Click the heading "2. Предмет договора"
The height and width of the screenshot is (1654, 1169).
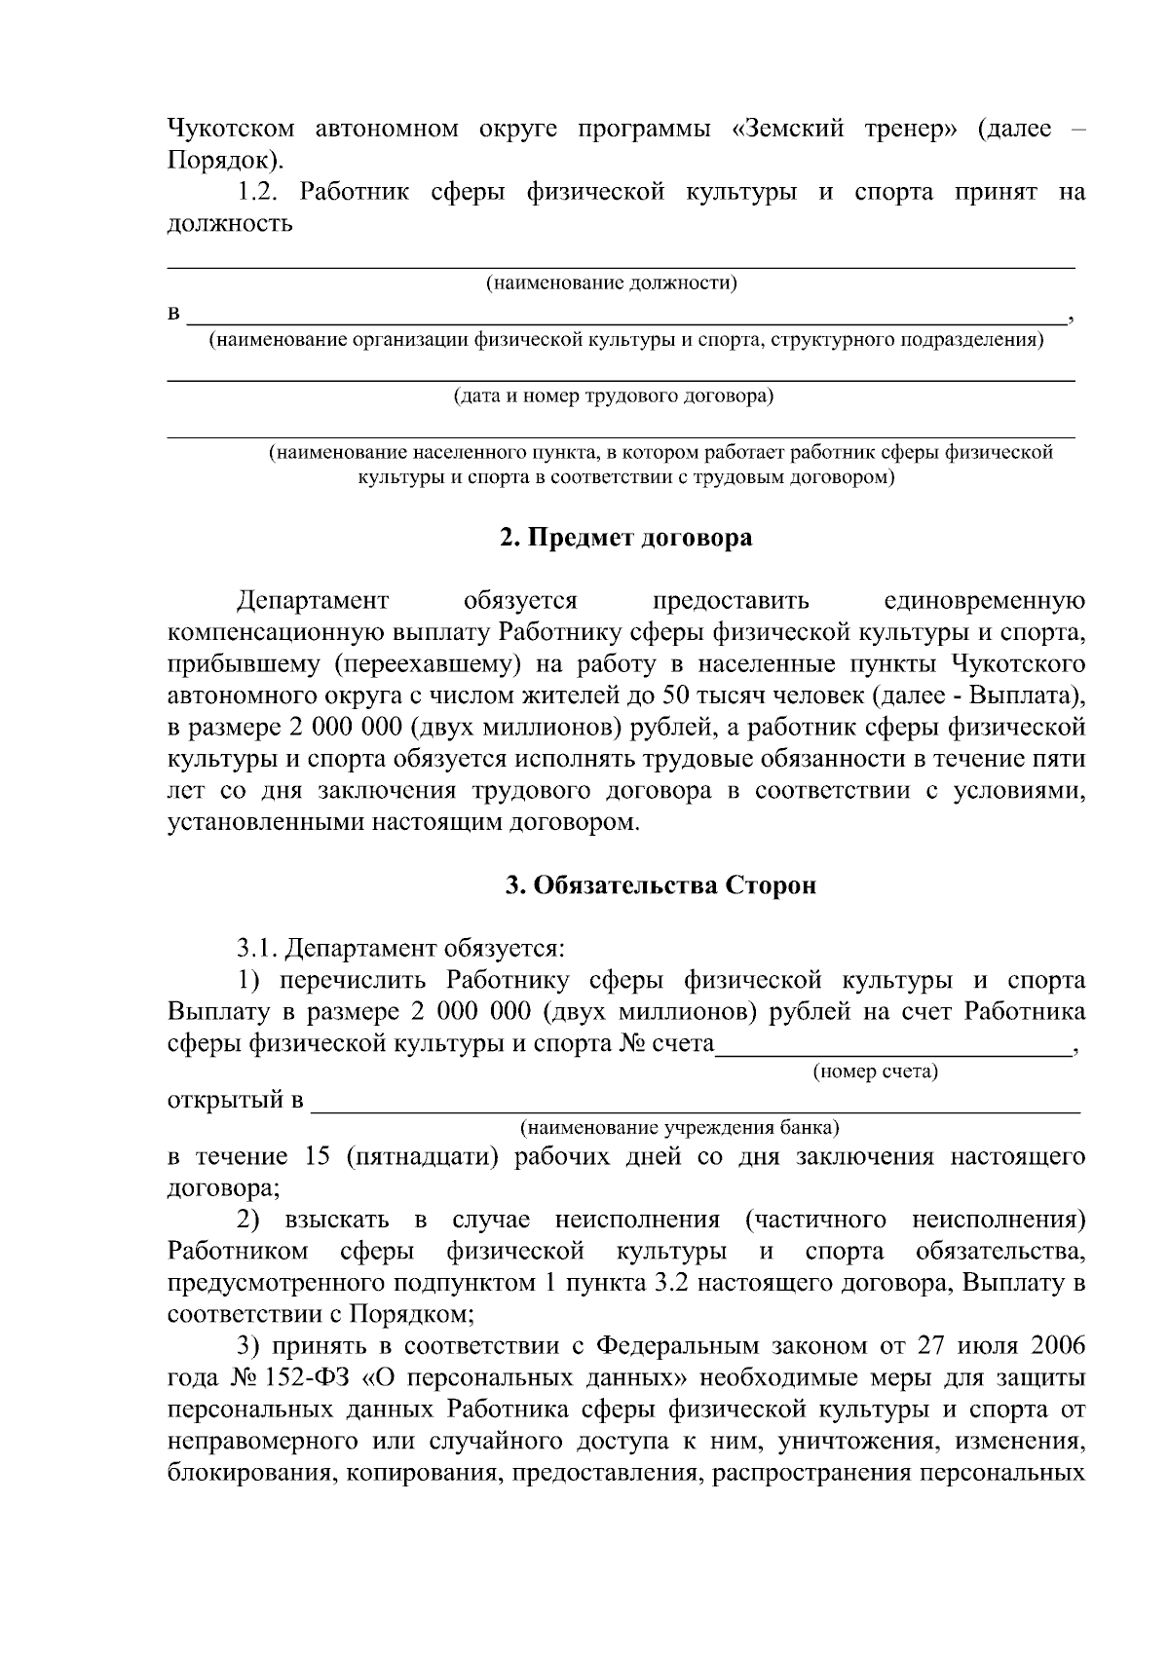coord(625,538)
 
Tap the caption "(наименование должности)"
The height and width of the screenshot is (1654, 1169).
coord(612,283)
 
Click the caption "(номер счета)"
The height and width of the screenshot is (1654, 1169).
coord(875,1072)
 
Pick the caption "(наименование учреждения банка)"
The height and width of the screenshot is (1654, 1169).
coord(680,1128)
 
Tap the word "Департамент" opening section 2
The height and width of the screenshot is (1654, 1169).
coord(312,600)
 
